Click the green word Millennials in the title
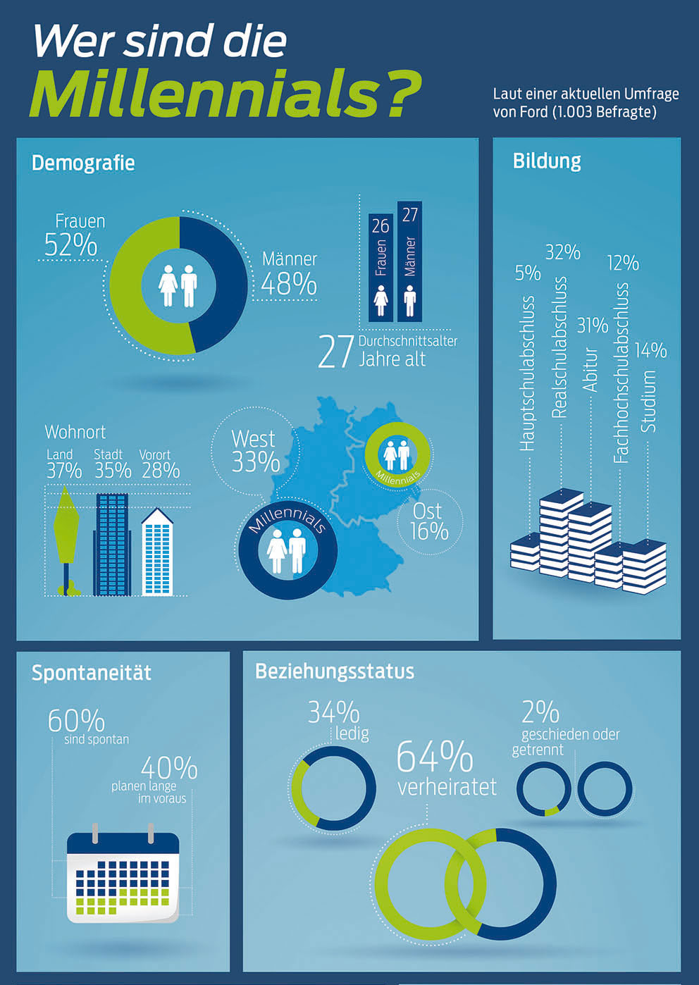tap(206, 93)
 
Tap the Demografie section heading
tap(83, 163)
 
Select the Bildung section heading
tap(547, 161)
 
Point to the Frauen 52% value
tap(71, 244)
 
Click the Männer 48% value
tap(289, 284)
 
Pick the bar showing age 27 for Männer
tap(409, 261)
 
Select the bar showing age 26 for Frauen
tap(381, 268)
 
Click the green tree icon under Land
tap(66, 540)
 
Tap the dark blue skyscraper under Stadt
tap(112, 545)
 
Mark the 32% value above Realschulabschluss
tap(563, 252)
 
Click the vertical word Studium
tap(648, 401)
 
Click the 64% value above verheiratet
tap(435, 756)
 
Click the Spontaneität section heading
tap(92, 673)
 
